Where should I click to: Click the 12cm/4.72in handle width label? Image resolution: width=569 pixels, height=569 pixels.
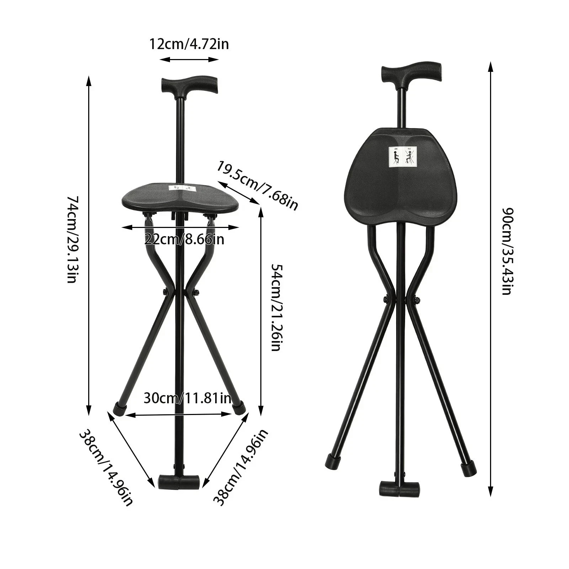(189, 44)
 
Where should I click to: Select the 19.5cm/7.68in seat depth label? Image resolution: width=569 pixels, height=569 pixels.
(258, 186)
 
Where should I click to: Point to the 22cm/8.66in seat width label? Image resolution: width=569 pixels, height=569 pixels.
(185, 239)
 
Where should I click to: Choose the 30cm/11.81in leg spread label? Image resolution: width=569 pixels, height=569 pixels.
(187, 398)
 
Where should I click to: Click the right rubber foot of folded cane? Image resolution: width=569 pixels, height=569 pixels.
(468, 468)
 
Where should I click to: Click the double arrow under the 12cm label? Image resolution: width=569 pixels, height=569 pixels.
(189, 59)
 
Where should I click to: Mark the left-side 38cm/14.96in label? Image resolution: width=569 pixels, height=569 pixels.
(106, 467)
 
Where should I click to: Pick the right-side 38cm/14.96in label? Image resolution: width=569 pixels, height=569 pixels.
(241, 467)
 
